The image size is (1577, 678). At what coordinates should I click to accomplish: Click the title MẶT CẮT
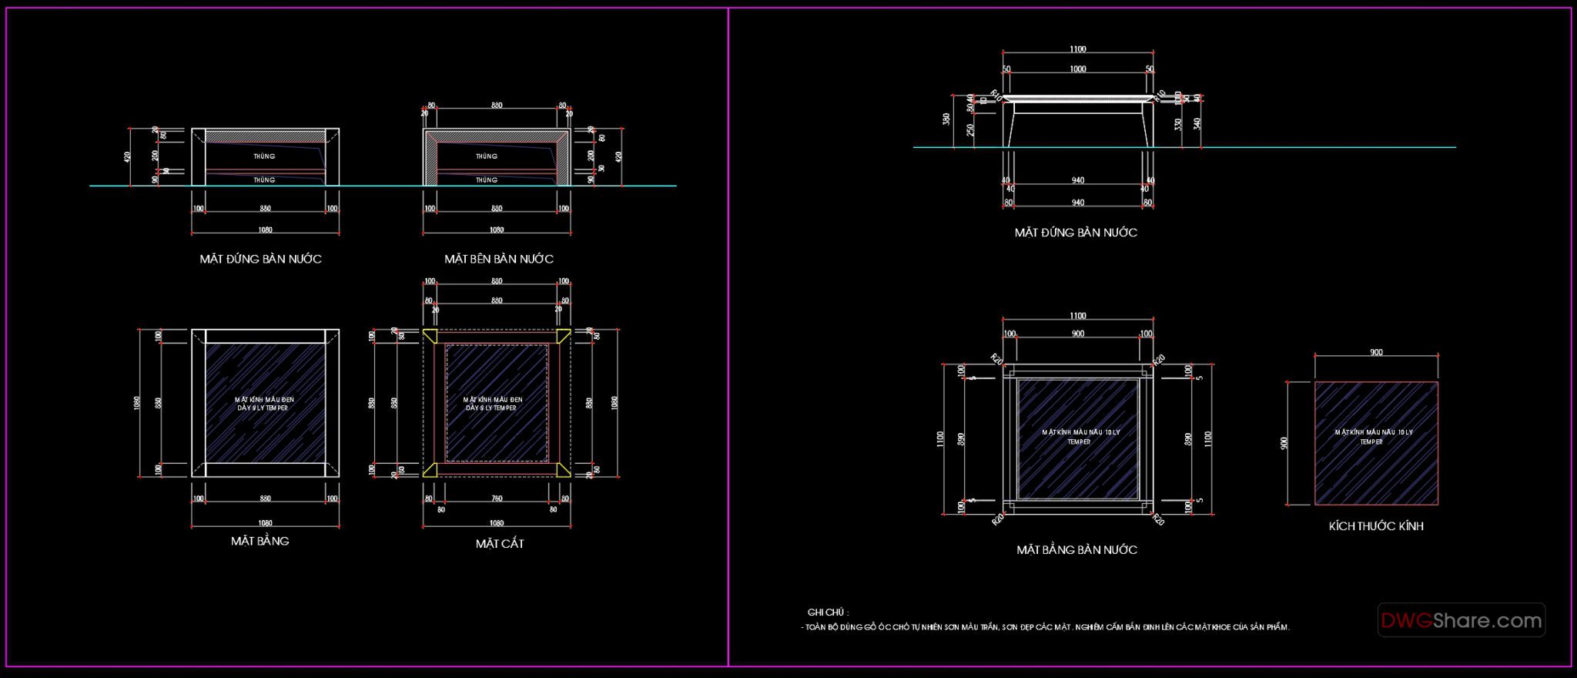click(x=500, y=544)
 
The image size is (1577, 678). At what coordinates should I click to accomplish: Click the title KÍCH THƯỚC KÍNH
click(x=1376, y=526)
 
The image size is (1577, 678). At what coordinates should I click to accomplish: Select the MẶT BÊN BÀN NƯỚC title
click(x=499, y=259)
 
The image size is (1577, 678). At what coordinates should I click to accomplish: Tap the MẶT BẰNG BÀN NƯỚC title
click(x=1076, y=550)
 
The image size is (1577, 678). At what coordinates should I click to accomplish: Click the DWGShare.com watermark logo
click(x=1461, y=620)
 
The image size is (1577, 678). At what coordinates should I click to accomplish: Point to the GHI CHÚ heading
click(x=828, y=613)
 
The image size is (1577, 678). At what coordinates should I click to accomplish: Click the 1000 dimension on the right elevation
click(x=1077, y=69)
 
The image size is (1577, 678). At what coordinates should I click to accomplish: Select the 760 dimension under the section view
click(x=497, y=499)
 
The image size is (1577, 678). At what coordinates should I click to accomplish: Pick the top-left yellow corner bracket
click(x=430, y=336)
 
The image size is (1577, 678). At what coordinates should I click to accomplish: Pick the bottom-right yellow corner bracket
click(x=564, y=470)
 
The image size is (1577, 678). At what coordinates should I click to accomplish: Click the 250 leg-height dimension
click(x=970, y=129)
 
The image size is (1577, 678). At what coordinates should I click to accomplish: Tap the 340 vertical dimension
click(x=1196, y=123)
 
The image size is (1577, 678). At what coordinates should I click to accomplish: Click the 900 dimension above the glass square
click(x=1376, y=353)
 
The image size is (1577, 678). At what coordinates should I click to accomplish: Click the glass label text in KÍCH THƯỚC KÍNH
click(x=1374, y=437)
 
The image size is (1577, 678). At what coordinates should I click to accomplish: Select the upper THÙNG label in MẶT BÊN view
click(x=487, y=156)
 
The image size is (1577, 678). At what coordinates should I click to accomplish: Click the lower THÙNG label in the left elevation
click(x=264, y=180)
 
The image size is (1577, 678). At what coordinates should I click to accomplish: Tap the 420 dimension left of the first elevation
click(x=128, y=156)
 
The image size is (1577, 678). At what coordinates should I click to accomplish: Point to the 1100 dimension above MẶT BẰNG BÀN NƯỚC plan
click(x=1077, y=316)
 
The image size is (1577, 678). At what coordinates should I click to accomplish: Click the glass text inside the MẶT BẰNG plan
click(x=264, y=404)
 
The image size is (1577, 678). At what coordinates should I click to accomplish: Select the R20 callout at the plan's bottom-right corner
click(x=1158, y=520)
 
